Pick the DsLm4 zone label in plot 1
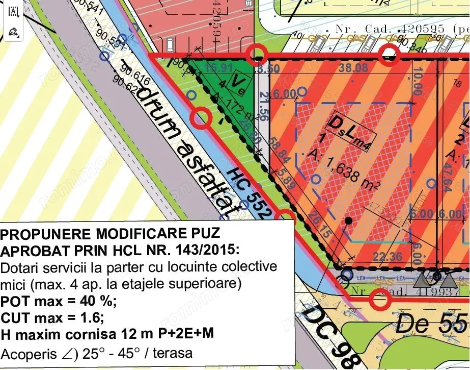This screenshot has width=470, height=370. [352, 127]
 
